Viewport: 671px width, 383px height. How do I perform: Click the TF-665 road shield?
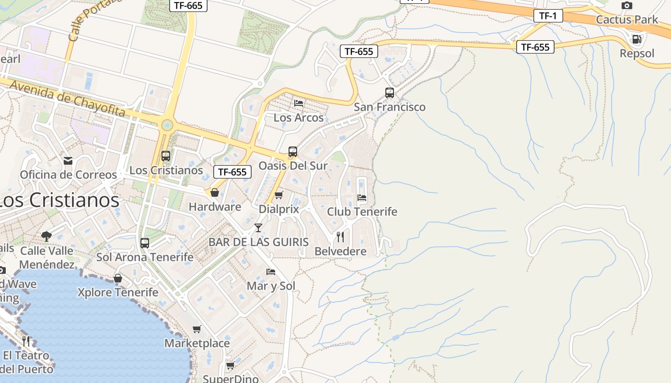click(188, 6)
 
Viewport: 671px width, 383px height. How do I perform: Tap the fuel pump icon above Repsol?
click(636, 39)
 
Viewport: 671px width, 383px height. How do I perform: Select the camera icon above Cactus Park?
click(626, 6)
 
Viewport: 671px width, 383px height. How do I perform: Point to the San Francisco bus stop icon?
click(390, 93)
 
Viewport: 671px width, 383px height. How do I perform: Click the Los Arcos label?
click(298, 117)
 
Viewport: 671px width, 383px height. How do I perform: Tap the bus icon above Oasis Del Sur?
click(293, 152)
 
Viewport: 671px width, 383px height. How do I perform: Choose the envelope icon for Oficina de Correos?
click(68, 161)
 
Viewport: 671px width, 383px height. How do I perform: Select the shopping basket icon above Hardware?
click(215, 192)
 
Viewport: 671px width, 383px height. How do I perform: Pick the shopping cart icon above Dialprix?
click(279, 195)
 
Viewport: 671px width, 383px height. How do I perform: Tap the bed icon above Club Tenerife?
click(362, 197)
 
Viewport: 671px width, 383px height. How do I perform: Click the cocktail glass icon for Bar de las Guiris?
click(258, 227)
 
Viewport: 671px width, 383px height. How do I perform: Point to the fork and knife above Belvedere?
click(340, 237)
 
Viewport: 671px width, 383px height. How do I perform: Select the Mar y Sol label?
click(271, 286)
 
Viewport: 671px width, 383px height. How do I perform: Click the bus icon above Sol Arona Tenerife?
click(145, 243)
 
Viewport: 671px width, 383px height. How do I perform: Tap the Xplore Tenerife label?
click(118, 292)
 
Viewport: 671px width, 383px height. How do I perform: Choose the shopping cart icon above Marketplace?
click(197, 329)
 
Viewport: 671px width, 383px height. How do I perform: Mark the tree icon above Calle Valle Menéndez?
click(46, 236)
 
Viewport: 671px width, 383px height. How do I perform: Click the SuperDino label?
click(231, 379)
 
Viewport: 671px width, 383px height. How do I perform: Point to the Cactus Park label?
click(627, 20)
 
